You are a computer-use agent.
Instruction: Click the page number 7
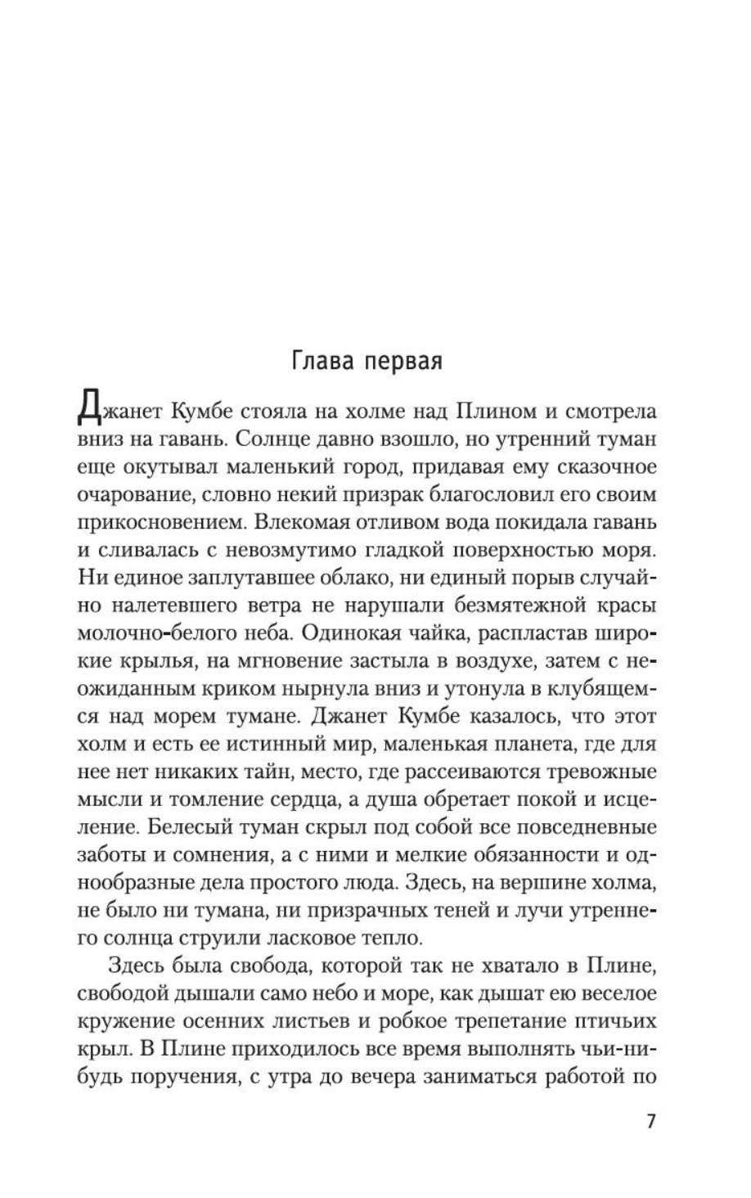click(x=651, y=1120)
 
